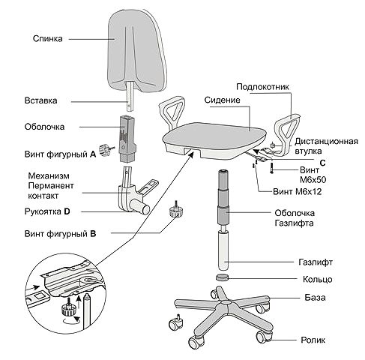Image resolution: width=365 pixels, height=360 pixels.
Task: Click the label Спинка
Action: coord(47,39)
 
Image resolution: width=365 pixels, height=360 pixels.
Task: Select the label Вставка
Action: coord(40,100)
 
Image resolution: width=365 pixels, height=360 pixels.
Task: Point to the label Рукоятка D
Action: coord(47,211)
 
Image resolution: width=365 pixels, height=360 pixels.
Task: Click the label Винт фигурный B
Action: coord(60,234)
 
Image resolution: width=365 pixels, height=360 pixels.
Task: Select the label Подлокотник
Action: coord(262,87)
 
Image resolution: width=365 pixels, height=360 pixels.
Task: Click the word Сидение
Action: coord(222,100)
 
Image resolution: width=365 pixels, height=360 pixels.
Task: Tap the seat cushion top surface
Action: coord(214,136)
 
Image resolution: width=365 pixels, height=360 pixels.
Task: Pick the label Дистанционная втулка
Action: coord(326,146)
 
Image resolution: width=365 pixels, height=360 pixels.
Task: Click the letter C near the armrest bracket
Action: coord(323,163)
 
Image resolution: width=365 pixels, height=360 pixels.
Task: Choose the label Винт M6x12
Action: coord(298,192)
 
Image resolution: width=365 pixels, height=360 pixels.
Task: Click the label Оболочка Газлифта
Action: coord(295,218)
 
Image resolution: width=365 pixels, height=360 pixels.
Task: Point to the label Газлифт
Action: coord(316,262)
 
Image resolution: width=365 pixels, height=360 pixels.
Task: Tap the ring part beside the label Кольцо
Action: coord(222,277)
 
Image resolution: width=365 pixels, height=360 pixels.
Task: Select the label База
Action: coord(315,298)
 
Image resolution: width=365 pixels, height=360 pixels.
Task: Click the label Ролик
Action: coord(313,340)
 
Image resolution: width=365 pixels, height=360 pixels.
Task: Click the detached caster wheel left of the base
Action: coord(176,322)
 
